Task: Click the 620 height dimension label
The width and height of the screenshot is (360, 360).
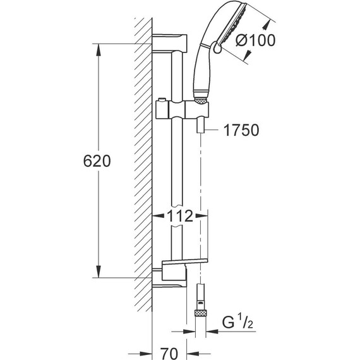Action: click(x=97, y=161)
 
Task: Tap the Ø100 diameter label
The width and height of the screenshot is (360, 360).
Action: click(x=255, y=40)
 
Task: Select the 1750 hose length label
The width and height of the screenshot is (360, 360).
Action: click(x=241, y=130)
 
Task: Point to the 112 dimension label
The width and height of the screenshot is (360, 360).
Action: click(x=180, y=216)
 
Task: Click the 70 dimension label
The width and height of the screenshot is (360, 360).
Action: click(x=169, y=354)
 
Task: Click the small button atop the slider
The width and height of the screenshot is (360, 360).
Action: click(x=162, y=99)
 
